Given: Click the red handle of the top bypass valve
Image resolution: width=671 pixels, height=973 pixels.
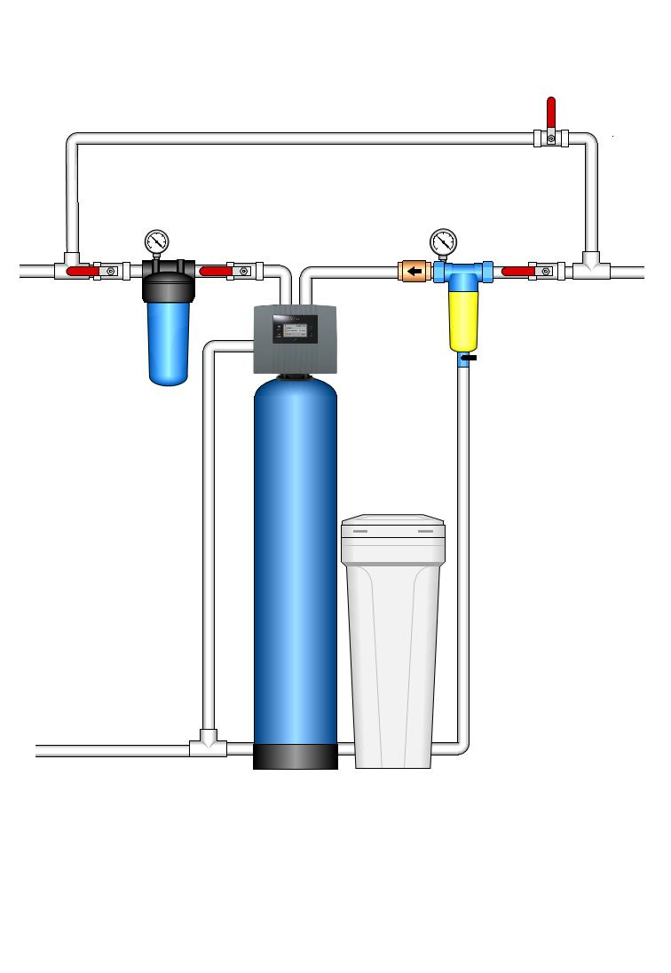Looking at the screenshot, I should point(551,114).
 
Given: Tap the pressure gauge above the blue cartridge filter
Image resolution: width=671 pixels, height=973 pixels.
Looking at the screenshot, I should point(157,241).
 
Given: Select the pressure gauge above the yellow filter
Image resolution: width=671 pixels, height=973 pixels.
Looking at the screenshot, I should point(442,241).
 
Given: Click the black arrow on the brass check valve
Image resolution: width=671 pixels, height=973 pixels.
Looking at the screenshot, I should point(414,270).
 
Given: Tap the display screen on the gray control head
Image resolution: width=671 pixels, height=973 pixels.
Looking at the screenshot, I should point(297,332).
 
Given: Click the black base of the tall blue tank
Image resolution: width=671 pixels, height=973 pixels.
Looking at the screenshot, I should point(296,756).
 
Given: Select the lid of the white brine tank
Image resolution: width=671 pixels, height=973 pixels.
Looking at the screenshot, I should point(393,529).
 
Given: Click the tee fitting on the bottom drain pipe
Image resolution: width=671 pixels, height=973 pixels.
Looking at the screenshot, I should point(207,744).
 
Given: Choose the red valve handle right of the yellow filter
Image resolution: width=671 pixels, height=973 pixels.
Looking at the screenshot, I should point(517,270).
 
